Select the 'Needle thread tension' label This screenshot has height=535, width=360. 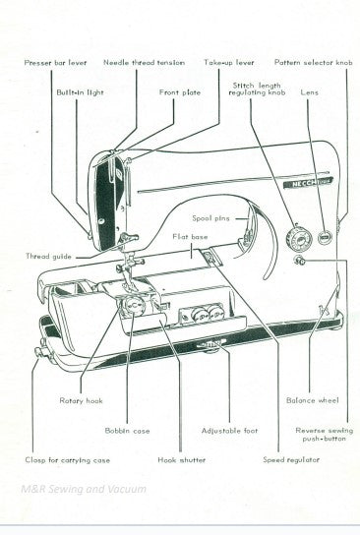point(144,61)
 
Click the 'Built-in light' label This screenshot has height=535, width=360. point(81,91)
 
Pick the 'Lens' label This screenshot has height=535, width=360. point(310,91)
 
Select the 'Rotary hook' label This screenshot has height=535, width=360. point(81,400)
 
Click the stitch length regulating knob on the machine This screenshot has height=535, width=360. point(294,237)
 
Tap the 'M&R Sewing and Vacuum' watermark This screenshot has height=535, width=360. point(81,489)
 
